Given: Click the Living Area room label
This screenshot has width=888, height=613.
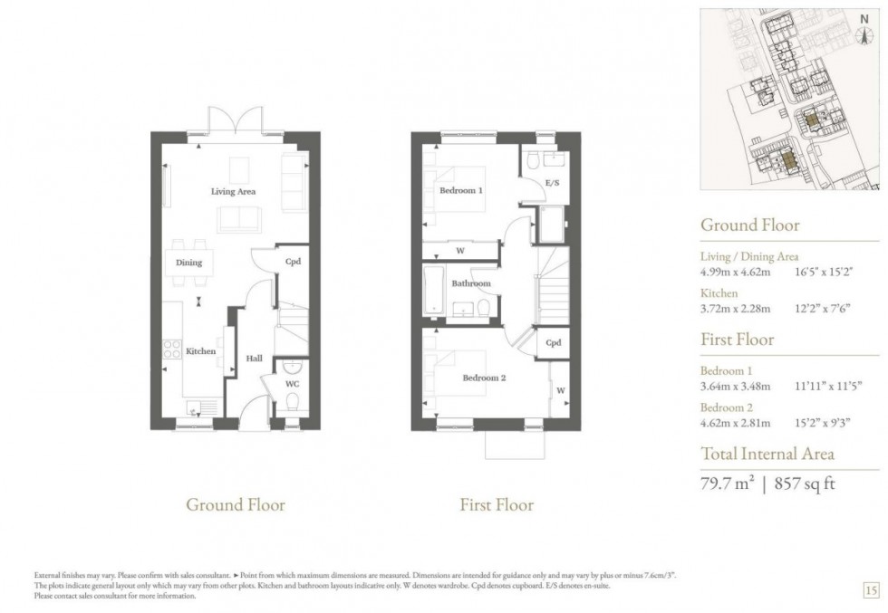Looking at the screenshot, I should [x=233, y=191].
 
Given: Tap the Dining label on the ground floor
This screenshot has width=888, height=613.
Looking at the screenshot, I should [x=188, y=263].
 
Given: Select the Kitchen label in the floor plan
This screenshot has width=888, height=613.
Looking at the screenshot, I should [x=200, y=350].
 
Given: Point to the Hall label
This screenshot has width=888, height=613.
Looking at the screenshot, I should [x=254, y=359].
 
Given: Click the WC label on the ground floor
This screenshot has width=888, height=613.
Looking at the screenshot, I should [x=292, y=384].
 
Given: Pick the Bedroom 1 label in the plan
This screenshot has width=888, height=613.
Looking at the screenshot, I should [x=461, y=191].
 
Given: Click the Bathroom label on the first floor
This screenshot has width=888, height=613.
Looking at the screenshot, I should [x=471, y=283].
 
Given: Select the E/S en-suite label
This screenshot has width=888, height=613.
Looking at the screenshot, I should [x=552, y=183].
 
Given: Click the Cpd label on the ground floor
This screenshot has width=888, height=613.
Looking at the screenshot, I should [x=292, y=263].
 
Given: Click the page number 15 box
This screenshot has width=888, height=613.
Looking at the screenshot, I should [x=870, y=590].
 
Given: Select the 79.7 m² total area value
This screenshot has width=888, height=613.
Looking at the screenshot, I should [x=728, y=483].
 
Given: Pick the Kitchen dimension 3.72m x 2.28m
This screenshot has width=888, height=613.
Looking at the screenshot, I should [x=735, y=308].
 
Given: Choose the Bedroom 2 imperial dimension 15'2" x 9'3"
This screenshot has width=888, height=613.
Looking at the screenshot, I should [x=828, y=422].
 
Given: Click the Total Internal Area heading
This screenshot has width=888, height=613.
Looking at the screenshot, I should [x=767, y=454].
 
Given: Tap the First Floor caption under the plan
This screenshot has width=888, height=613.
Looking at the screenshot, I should [x=497, y=504].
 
